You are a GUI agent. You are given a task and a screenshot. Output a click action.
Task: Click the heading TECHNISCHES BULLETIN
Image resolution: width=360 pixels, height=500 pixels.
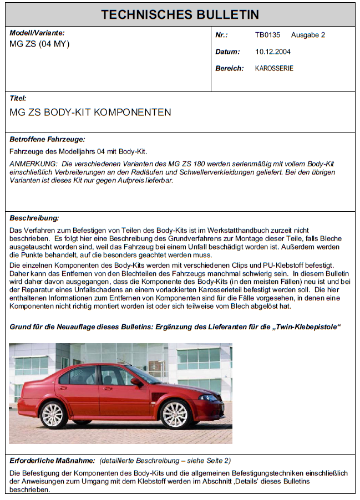(x=180, y=14)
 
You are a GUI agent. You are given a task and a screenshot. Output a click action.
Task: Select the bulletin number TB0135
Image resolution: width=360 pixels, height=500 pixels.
(x=267, y=35)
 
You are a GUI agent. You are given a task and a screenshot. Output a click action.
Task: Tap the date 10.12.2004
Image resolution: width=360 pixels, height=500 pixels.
(x=273, y=52)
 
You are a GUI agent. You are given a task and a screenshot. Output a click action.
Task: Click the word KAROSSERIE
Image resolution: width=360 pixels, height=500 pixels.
(x=274, y=68)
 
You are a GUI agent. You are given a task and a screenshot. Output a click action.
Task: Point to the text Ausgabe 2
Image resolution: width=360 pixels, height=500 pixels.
(x=308, y=35)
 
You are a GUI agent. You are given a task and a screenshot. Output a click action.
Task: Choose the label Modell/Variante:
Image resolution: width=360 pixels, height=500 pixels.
(x=37, y=33)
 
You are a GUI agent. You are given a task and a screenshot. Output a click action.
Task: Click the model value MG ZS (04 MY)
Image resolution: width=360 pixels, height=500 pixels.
(x=39, y=44)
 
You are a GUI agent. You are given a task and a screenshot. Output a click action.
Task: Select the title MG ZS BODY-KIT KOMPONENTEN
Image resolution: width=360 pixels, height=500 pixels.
(x=90, y=113)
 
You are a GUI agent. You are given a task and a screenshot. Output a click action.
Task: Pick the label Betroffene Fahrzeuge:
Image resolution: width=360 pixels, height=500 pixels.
(x=47, y=140)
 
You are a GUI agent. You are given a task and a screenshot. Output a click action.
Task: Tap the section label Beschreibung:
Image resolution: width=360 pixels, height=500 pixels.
(x=34, y=218)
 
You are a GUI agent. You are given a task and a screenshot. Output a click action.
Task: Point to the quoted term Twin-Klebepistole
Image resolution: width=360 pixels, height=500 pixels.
(x=306, y=327)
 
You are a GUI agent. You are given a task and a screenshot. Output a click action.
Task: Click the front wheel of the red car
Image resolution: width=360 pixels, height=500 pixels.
(x=175, y=414)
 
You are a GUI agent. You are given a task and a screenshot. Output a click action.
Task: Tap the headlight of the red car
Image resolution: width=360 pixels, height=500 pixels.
(x=209, y=397)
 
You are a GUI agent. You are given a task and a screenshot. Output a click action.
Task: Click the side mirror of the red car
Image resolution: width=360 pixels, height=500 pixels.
(x=136, y=381)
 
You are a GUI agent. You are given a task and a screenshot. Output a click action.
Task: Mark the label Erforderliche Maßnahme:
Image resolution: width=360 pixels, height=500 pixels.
(x=53, y=461)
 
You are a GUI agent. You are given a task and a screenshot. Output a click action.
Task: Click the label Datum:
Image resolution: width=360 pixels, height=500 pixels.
(x=227, y=52)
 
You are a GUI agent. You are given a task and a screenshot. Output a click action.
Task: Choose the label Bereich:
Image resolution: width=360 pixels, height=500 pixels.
(x=229, y=68)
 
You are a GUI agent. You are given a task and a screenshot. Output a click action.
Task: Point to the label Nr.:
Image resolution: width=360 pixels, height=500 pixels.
(x=221, y=35)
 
